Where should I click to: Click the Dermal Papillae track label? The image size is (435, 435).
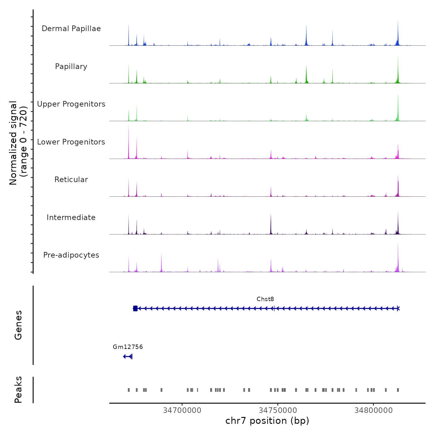(x=71, y=29)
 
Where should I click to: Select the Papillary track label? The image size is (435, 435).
(x=71, y=66)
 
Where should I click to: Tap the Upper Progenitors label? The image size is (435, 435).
(x=71, y=104)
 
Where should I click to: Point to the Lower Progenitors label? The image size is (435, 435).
(x=71, y=142)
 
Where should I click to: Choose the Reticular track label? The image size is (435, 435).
(x=71, y=180)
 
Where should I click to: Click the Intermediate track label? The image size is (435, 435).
(x=71, y=217)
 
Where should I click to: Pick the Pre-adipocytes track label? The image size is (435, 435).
(x=71, y=255)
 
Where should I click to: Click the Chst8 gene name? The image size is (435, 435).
(x=265, y=299)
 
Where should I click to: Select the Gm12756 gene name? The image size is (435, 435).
(x=128, y=347)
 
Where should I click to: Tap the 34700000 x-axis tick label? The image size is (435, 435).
(x=182, y=410)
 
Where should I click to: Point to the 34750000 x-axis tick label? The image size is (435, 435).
(x=278, y=410)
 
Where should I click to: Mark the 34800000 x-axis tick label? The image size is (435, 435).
(x=373, y=410)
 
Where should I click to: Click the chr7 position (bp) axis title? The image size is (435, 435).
(x=267, y=421)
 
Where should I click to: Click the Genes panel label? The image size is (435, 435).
(x=18, y=325)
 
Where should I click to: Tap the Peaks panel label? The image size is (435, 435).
(x=18, y=390)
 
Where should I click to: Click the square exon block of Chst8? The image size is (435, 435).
(x=135, y=309)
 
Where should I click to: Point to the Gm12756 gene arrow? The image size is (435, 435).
(x=128, y=356)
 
